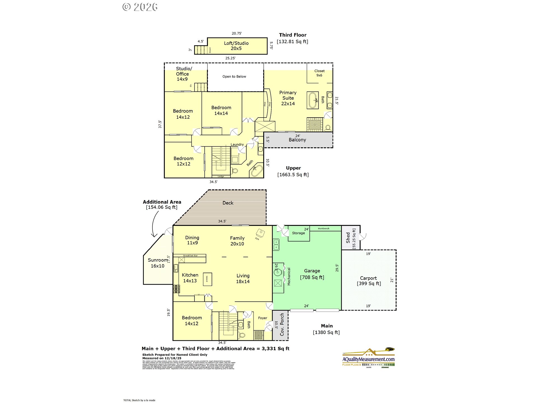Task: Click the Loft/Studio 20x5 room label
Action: (236, 46)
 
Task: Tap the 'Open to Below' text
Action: (234, 76)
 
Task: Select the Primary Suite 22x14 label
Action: (288, 98)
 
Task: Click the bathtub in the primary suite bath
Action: (313, 100)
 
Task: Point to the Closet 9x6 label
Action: (319, 73)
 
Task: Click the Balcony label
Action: (297, 140)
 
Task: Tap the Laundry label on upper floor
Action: (237, 144)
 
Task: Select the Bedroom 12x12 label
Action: (183, 161)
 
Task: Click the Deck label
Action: (228, 203)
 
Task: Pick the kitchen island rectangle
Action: (207, 279)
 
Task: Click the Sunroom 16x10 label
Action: (157, 263)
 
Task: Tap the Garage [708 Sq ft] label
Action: (312, 274)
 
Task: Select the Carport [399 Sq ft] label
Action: (368, 281)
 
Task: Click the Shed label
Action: (348, 238)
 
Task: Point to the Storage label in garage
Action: (298, 233)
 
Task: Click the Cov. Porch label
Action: (282, 325)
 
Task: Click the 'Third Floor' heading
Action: (293, 35)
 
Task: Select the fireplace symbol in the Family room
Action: (260, 233)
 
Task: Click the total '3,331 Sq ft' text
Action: (275, 349)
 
